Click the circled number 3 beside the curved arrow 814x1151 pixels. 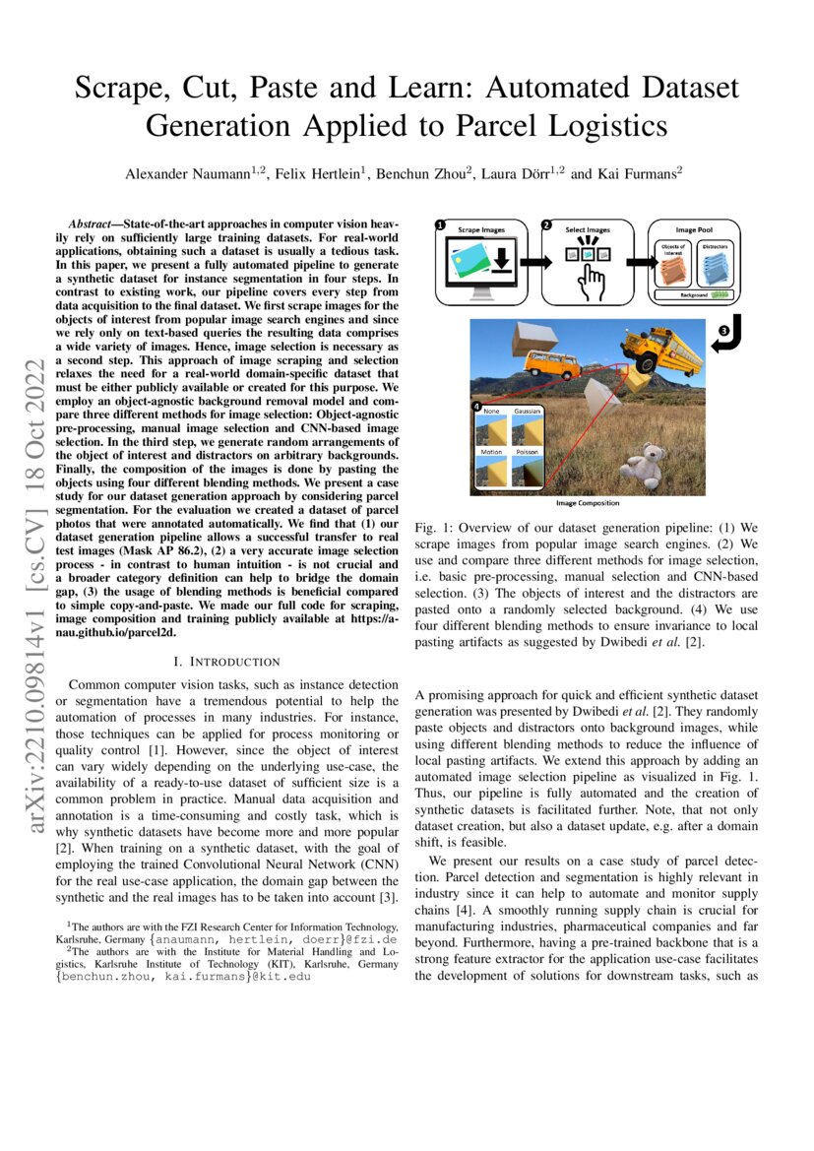[725, 333]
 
